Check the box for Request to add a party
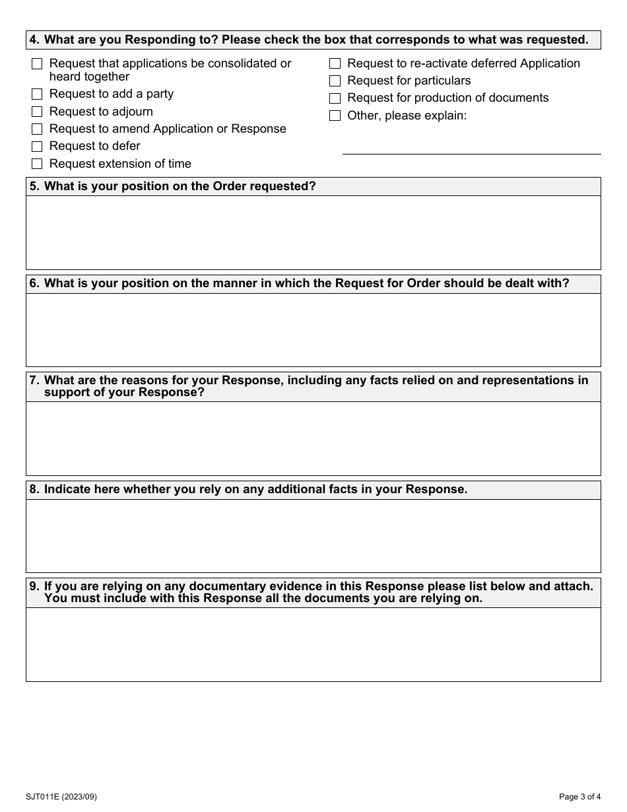pos(37,94)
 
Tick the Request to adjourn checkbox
pos(37,112)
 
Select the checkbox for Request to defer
pos(37,147)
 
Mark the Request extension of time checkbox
pos(37,164)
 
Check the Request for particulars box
pos(335,81)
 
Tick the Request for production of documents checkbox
pos(335,98)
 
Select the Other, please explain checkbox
pos(335,116)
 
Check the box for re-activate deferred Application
pos(335,64)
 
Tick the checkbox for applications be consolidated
pos(37,64)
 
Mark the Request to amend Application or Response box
pos(37,129)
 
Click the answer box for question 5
pos(313,232)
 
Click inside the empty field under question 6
pos(313,330)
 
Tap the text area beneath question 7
pos(313,438)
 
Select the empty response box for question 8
pos(313,536)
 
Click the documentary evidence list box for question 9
pos(313,644)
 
